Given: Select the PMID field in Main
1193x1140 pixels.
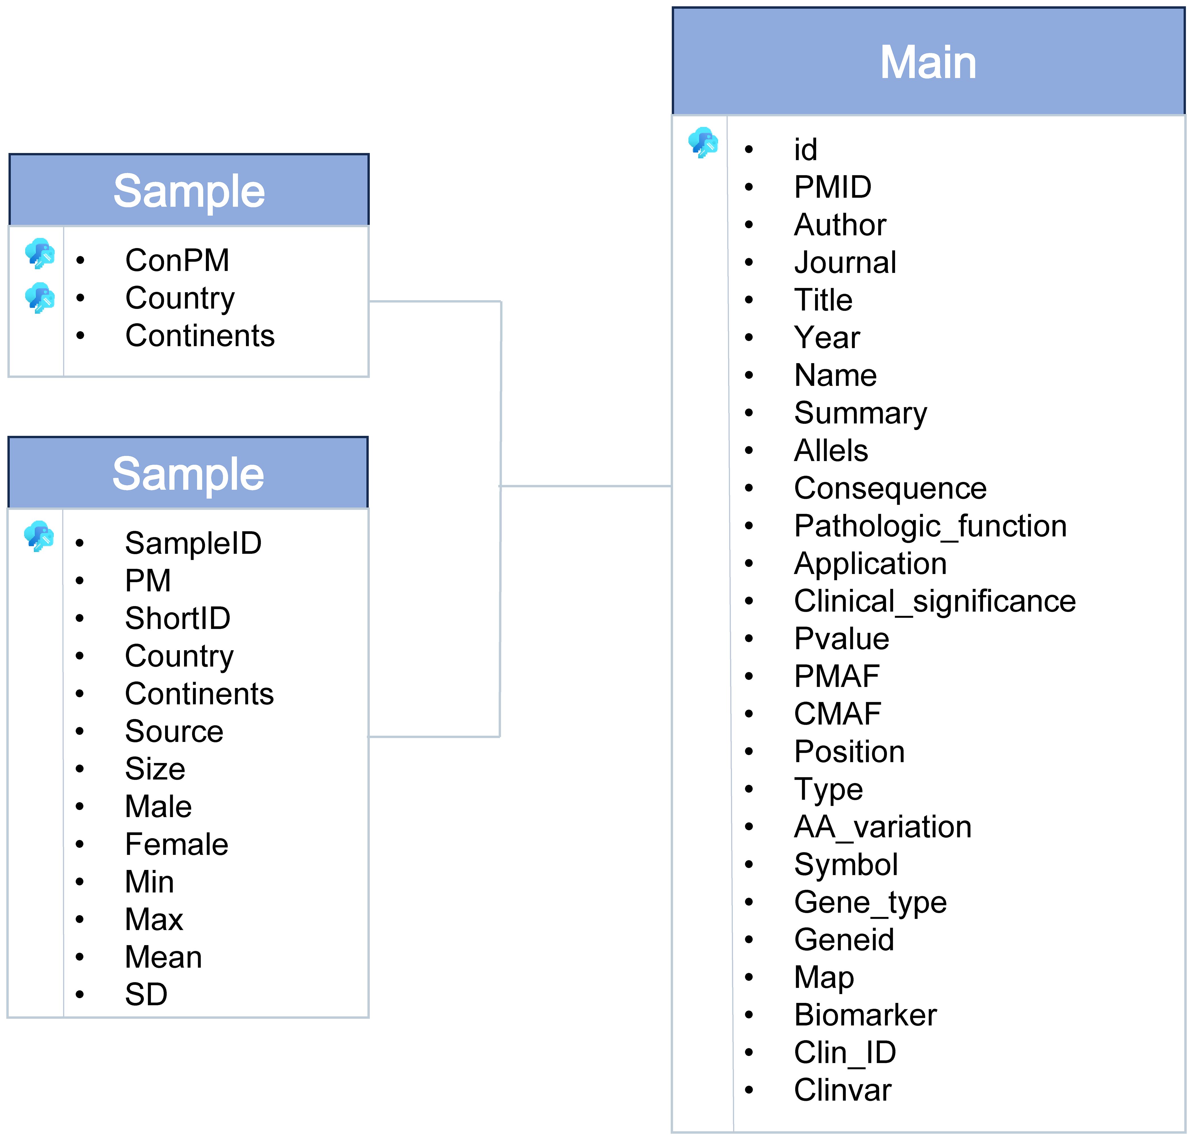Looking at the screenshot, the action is (x=833, y=187).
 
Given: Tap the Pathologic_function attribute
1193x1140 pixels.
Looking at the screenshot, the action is (x=930, y=526).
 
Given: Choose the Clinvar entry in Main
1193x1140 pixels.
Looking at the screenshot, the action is (x=842, y=1090).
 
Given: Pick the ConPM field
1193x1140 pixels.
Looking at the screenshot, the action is (x=177, y=261).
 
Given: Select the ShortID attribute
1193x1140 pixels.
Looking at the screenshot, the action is (x=178, y=619).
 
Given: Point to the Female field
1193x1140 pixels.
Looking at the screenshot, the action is (x=176, y=845).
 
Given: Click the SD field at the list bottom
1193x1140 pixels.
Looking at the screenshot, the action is (x=146, y=995).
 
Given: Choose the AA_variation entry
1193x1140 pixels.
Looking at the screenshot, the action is (x=882, y=828).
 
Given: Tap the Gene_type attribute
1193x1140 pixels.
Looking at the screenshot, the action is (x=870, y=903).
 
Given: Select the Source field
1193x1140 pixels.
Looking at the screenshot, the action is (x=174, y=732).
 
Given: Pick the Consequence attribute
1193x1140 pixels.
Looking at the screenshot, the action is (x=890, y=489).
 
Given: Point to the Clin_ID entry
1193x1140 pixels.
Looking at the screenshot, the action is (x=845, y=1053).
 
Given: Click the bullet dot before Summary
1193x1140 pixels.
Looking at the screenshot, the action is (x=749, y=413).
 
